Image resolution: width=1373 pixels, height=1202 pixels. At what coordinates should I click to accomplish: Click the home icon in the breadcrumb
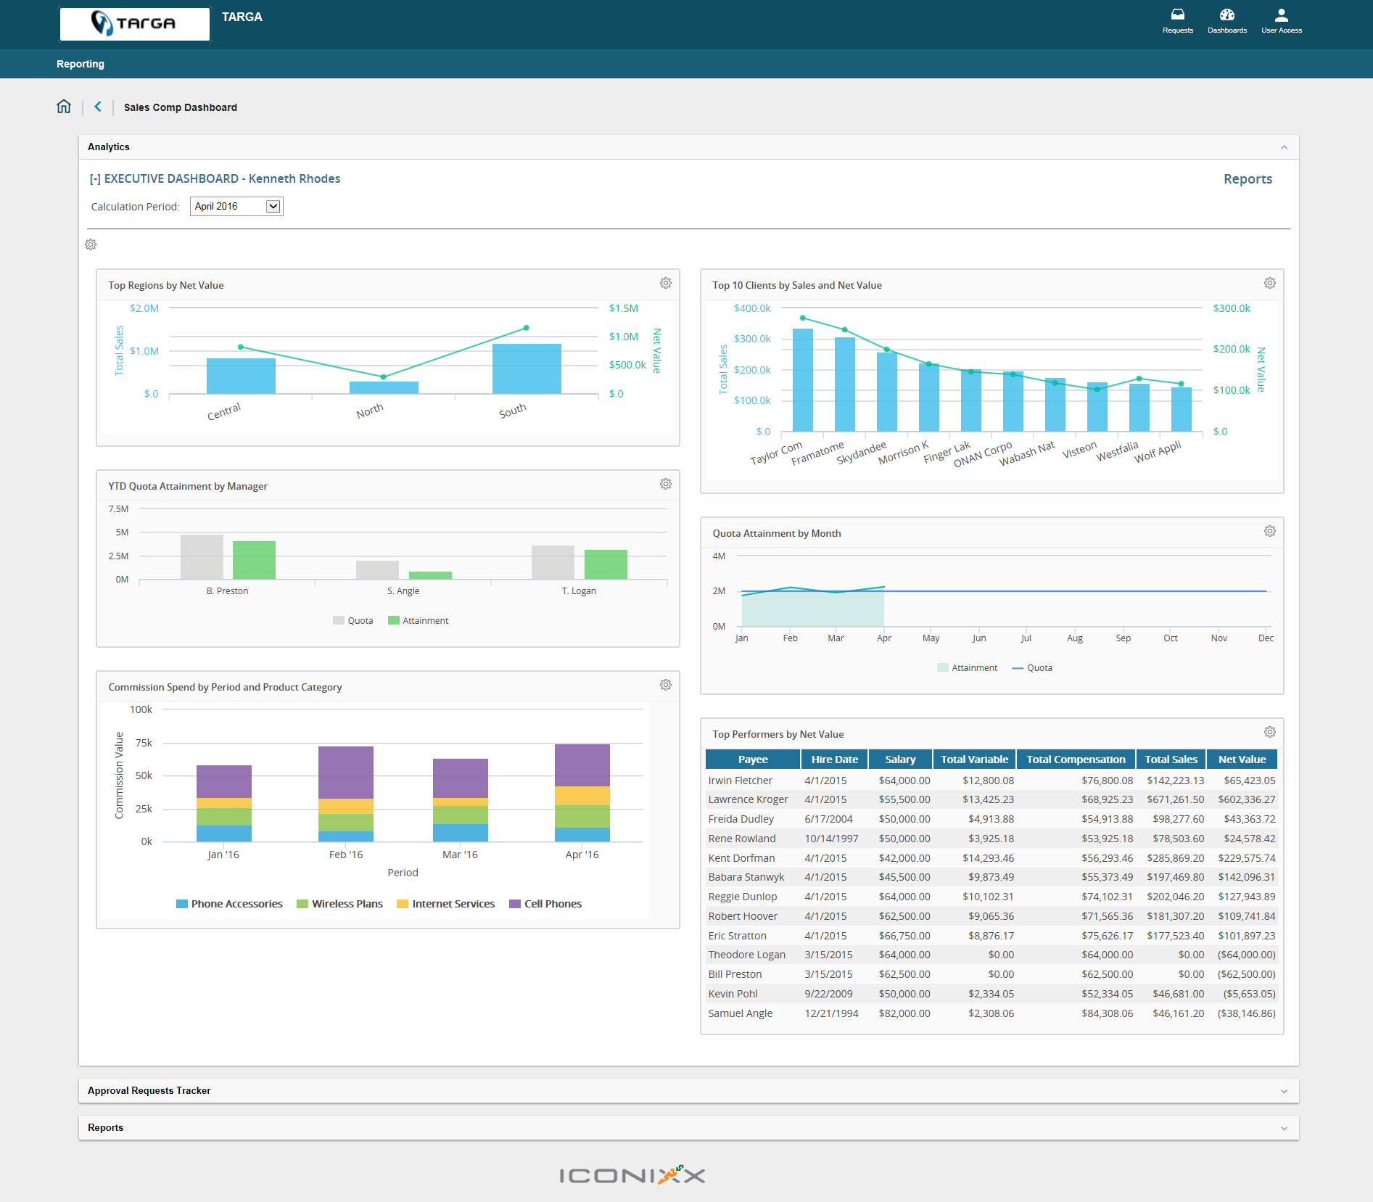click(64, 107)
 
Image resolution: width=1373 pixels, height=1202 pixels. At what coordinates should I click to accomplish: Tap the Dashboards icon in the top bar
click(1226, 20)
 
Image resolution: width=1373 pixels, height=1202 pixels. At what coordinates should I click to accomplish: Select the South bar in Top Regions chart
click(527, 369)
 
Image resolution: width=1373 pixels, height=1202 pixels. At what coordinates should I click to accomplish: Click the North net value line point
click(384, 377)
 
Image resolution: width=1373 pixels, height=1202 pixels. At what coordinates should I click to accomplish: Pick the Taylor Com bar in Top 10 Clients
click(802, 380)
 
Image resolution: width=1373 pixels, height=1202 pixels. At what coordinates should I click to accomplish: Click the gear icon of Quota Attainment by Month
click(1269, 532)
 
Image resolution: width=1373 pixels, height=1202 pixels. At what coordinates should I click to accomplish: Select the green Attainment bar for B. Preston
click(254, 560)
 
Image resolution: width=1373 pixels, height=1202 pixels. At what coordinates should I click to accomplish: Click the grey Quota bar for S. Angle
click(377, 570)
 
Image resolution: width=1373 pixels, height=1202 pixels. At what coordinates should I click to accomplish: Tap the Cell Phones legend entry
click(545, 904)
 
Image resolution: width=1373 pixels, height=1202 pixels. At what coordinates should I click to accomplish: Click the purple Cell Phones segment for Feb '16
click(346, 772)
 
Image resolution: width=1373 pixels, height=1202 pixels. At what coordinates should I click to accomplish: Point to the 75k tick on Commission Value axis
click(144, 743)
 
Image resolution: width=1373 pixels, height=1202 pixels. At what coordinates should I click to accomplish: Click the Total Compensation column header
click(1076, 760)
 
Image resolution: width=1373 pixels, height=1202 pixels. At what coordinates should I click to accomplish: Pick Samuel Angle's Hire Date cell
click(831, 1013)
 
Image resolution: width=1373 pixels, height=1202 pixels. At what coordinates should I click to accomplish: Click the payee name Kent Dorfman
click(741, 858)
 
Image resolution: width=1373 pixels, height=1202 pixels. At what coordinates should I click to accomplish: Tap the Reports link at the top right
click(1248, 179)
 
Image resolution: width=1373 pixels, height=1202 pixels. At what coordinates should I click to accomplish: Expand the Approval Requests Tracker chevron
click(1284, 1091)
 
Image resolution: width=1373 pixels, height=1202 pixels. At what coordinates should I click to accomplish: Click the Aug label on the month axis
click(1074, 638)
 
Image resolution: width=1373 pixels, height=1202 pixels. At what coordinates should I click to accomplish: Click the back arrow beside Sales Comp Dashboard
click(98, 107)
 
